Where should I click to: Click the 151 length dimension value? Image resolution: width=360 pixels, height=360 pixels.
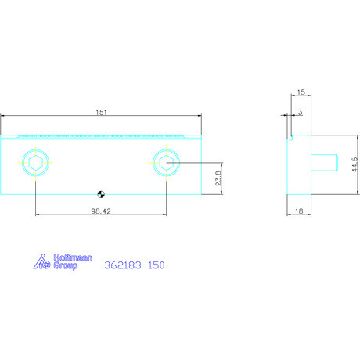101,113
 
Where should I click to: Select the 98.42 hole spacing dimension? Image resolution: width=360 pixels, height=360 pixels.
101,211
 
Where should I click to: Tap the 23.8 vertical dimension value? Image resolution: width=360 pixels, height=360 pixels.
218,178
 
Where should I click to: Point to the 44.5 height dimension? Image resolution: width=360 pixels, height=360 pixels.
355,164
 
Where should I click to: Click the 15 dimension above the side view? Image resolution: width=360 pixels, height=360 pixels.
301,92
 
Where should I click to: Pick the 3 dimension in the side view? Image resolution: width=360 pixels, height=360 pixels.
301,113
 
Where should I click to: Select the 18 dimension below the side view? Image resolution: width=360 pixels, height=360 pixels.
299,211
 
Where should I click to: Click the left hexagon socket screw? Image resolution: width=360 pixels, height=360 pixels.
36,163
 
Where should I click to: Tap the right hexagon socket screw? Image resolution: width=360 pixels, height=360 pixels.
167,163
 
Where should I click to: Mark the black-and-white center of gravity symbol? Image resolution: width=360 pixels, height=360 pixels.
101,194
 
